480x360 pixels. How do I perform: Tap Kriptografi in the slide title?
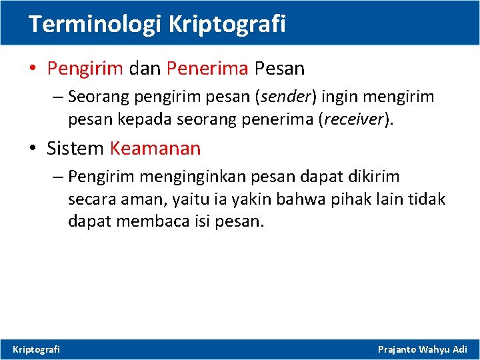point(227,24)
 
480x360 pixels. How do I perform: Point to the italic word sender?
point(287,97)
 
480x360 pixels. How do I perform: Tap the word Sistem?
point(75,148)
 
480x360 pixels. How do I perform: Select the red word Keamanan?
point(155,148)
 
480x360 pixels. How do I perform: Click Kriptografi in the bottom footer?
point(37,349)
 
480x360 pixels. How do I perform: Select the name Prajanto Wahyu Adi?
point(423,349)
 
